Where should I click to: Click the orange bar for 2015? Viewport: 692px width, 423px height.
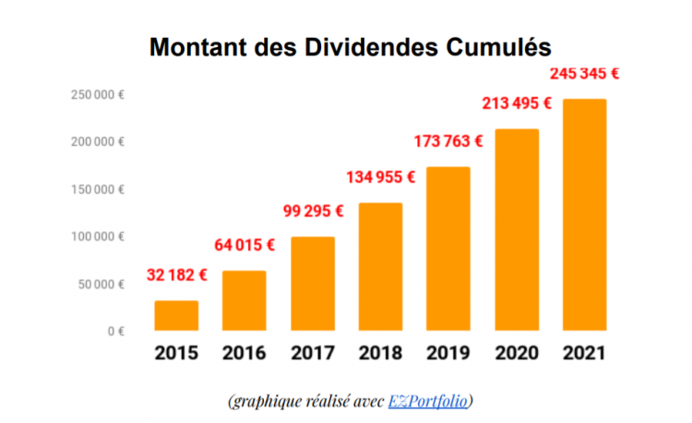[176, 315]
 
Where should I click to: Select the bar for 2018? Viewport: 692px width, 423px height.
[380, 266]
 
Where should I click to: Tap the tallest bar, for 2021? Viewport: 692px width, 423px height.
[584, 214]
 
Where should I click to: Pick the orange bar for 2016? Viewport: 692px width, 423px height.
[245, 300]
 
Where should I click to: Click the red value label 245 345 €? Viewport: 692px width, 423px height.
[584, 72]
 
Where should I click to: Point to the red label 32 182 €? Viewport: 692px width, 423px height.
[176, 274]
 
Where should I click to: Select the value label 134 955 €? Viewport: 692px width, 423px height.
[380, 176]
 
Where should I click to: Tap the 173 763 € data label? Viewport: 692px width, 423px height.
[449, 141]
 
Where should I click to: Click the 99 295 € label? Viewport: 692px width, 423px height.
[314, 211]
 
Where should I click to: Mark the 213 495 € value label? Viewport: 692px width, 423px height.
[517, 103]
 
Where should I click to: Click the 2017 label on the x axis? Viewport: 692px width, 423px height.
[312, 353]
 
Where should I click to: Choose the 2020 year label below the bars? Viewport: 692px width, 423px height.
[516, 353]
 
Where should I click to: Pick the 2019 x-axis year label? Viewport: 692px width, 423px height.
[448, 353]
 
